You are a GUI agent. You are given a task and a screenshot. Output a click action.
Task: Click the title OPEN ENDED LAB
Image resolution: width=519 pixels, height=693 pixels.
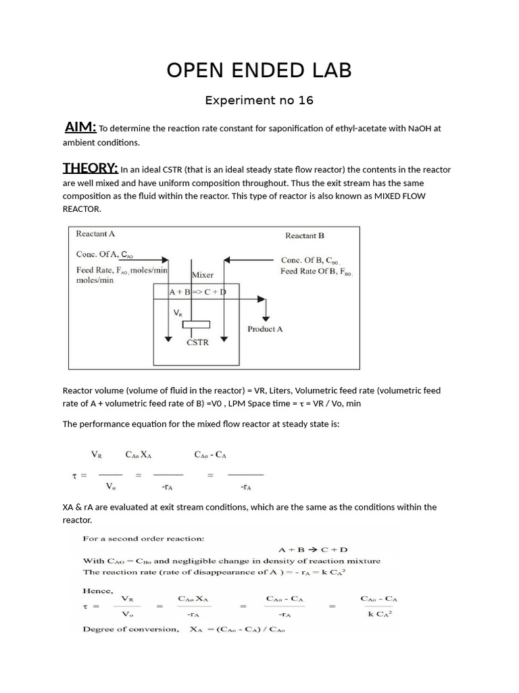click(x=259, y=70)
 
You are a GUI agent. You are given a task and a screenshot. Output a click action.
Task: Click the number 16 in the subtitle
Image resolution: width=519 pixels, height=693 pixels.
click(x=305, y=100)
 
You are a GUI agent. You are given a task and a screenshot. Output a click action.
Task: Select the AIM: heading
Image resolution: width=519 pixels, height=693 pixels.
click(x=80, y=127)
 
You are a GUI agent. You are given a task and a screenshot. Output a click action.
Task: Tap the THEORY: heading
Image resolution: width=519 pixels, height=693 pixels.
click(x=90, y=168)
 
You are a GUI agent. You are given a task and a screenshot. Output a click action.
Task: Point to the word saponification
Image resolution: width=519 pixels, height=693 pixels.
click(x=271, y=129)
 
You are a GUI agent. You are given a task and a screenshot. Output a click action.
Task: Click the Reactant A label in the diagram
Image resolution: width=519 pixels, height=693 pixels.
click(x=96, y=233)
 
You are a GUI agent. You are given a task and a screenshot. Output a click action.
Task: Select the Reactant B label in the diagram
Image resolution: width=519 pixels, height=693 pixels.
click(x=305, y=236)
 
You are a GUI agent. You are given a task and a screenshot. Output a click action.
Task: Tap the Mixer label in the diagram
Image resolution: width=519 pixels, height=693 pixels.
click(x=203, y=275)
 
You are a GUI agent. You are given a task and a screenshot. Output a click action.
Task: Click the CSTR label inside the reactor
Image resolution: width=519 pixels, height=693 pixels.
click(x=197, y=342)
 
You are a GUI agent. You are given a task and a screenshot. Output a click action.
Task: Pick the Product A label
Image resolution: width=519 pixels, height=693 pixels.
click(x=265, y=329)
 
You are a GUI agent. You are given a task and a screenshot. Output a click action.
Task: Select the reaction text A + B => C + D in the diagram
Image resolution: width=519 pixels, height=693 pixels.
click(x=197, y=292)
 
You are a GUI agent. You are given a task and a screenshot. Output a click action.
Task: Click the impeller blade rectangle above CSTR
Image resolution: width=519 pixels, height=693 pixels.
click(x=197, y=325)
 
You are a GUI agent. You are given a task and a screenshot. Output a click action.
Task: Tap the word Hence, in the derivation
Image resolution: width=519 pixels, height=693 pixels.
click(x=97, y=590)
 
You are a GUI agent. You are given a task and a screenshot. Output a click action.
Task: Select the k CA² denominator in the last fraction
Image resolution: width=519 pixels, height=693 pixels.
click(x=380, y=614)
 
